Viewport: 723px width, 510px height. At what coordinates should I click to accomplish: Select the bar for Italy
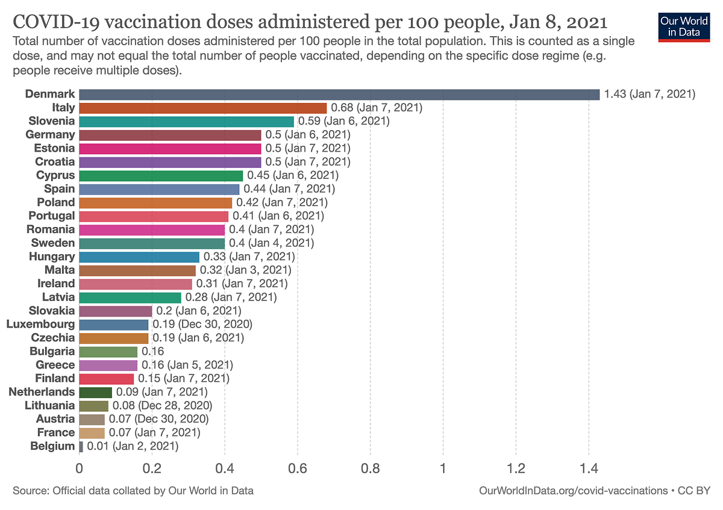(202, 108)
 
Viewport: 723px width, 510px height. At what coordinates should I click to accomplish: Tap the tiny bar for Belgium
(81, 446)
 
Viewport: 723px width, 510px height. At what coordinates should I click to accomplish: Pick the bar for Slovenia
(186, 121)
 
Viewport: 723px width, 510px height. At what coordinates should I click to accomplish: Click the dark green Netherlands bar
(95, 392)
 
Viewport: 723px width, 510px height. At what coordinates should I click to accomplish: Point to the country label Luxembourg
(41, 324)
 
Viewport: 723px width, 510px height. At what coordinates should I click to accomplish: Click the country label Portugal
(51, 216)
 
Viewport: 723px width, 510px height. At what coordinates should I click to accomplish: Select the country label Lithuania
(50, 405)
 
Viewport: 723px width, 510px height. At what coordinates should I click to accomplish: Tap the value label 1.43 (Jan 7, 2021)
(649, 94)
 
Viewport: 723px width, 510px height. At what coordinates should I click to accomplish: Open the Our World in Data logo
(683, 25)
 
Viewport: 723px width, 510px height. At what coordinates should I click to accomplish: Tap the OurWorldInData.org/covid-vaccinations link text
(572, 491)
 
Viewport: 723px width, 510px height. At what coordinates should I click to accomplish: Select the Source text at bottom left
(133, 491)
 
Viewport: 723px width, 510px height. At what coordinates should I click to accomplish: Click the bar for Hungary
(139, 257)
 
